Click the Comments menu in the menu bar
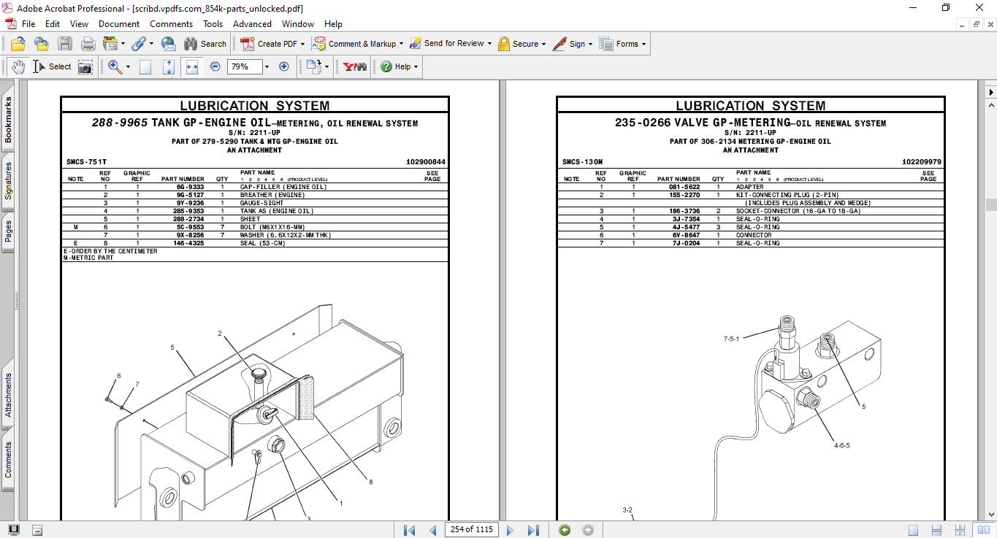point(171,24)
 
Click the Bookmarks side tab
point(8,120)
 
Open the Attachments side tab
point(8,396)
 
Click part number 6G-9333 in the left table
point(190,187)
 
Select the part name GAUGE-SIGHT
point(262,203)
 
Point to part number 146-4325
point(188,243)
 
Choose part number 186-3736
point(685,211)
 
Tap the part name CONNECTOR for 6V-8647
point(753,235)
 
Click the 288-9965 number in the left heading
point(120,123)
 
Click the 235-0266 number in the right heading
point(643,123)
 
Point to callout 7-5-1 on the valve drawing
point(731,339)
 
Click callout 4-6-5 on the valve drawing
point(841,445)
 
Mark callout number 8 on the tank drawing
point(370,482)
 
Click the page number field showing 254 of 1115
point(471,529)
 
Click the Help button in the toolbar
point(399,66)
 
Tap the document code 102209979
point(921,162)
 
